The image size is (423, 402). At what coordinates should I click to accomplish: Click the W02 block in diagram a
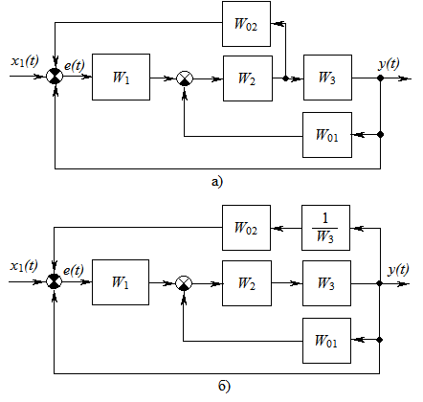246,24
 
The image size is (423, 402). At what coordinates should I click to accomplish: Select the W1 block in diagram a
121,77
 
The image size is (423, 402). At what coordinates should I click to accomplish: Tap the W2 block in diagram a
248,78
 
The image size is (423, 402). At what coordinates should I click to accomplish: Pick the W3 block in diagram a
327,78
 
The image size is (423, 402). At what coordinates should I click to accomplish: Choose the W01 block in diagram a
327,135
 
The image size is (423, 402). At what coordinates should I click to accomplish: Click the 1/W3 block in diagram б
325,228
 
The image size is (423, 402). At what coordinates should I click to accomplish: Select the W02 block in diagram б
246,228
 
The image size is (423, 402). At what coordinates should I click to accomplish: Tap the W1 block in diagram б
121,282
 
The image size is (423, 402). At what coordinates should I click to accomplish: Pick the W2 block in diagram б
247,283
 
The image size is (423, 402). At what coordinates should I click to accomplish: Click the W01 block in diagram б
326,341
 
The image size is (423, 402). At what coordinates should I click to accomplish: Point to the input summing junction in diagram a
55,77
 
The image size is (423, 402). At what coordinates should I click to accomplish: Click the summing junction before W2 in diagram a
185,78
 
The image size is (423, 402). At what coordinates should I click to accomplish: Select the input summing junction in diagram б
55,281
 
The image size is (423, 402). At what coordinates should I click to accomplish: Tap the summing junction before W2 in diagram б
184,283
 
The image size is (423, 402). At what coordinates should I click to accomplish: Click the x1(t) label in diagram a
25,60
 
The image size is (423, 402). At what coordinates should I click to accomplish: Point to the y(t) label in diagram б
398,270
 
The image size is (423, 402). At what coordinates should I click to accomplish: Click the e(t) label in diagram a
75,66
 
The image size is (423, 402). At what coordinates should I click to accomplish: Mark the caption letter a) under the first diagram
217,182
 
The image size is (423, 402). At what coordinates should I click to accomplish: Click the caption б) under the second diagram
224,387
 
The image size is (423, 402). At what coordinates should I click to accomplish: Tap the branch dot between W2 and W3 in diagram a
286,78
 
